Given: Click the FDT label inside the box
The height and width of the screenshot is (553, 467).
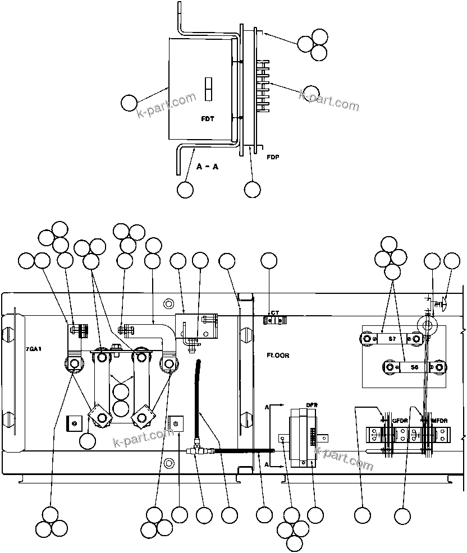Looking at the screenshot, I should pos(208,119).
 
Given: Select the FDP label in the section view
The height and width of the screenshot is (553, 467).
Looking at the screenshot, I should pos(273,158).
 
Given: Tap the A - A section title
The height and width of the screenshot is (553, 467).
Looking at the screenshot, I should pos(208,167).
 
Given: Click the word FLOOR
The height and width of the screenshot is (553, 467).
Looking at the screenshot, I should pos(278,356).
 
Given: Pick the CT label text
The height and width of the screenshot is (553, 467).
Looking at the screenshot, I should pos(275,313).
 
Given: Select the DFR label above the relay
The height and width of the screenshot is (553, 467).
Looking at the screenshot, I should pos(312,405).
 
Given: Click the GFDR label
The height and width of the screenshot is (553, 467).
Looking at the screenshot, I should pos(400,420).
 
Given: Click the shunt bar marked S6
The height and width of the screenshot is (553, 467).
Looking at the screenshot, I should pos(414,367).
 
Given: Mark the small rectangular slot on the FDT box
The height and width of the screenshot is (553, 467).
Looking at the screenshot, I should pos(208,90).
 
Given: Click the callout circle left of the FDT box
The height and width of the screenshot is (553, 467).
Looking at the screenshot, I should pos(130,103).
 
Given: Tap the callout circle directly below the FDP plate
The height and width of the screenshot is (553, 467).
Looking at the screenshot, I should pos(253,190).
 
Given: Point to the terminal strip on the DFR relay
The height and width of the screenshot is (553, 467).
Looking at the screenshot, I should pos(312,436).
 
